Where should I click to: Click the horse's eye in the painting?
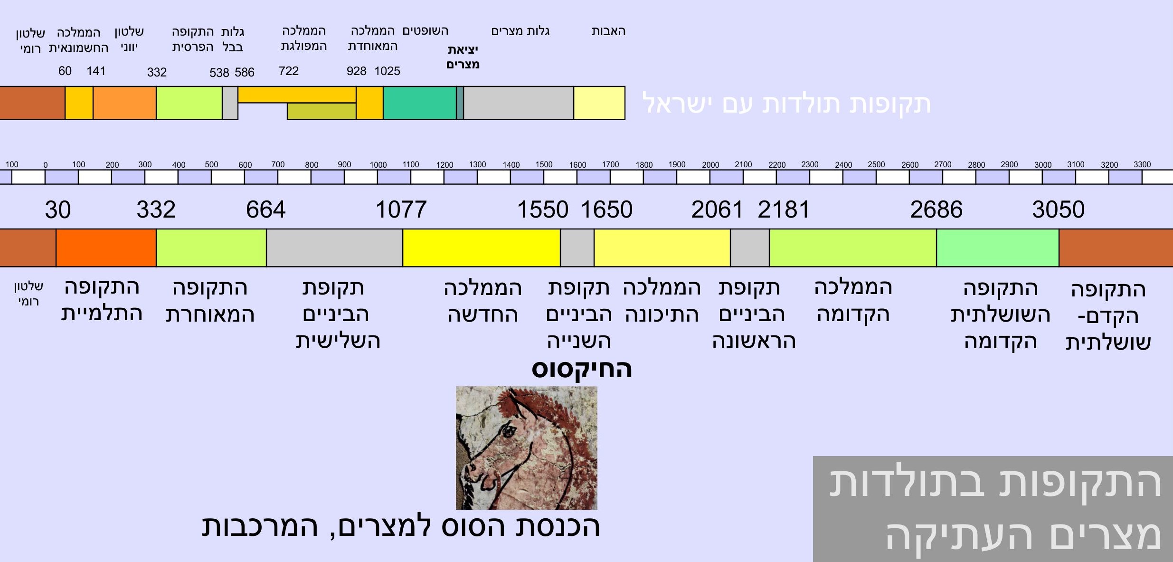(509, 431)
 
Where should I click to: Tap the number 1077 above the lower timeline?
(401, 210)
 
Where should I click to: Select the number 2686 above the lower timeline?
(936, 210)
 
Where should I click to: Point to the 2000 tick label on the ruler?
(710, 165)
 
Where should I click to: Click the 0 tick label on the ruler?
(46, 165)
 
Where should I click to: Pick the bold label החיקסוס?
(582, 369)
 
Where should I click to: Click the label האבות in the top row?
(608, 31)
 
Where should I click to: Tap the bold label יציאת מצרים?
(463, 57)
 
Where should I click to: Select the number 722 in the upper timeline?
(289, 71)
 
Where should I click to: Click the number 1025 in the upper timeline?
(387, 71)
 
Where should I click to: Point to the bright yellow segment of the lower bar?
(482, 248)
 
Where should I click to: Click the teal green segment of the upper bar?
(420, 103)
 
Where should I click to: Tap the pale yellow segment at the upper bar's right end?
(599, 103)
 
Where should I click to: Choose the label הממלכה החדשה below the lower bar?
(482, 301)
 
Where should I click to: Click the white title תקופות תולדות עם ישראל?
(786, 104)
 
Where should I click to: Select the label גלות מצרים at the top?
(520, 31)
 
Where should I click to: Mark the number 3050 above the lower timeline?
(1058, 210)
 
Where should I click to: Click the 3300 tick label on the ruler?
(1142, 164)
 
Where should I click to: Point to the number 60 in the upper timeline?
(65, 71)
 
